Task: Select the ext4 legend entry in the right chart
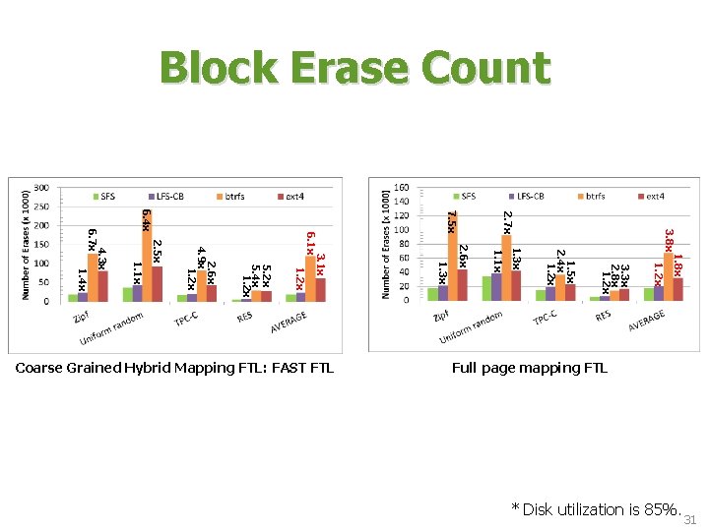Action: (652, 197)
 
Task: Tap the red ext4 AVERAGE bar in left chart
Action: (320, 290)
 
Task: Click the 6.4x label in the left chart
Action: (146, 219)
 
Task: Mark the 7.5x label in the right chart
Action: (451, 221)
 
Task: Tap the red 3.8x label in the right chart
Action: (669, 239)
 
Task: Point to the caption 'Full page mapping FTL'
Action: (529, 369)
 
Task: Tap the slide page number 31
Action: (689, 520)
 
